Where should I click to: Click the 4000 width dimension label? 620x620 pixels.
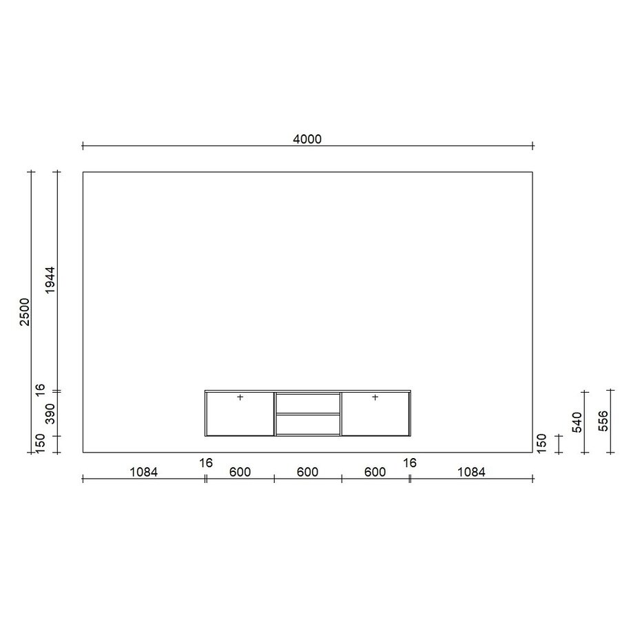coord(307,139)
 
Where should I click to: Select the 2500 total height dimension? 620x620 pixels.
coord(25,312)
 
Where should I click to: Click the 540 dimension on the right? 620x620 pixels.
coord(577,422)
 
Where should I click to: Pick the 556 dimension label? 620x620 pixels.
coord(603,422)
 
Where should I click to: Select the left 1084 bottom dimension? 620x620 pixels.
coord(144,473)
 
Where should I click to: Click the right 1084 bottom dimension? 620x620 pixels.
coord(471,473)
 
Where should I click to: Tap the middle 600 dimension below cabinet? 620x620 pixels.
coord(307,473)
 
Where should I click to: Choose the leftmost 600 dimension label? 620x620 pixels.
coord(240,473)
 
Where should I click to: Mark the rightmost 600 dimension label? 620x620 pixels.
coord(375,473)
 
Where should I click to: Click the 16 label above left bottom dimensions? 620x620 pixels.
coord(206,463)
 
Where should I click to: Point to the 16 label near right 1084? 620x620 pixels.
coord(410,463)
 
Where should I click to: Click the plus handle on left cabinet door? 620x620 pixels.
coord(240,397)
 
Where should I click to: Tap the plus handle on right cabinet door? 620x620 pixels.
coord(375,397)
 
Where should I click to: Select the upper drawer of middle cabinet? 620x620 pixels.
coord(307,403)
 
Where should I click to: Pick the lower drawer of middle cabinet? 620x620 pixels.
coord(307,424)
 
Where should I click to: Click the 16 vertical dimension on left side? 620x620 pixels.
coord(41,389)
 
